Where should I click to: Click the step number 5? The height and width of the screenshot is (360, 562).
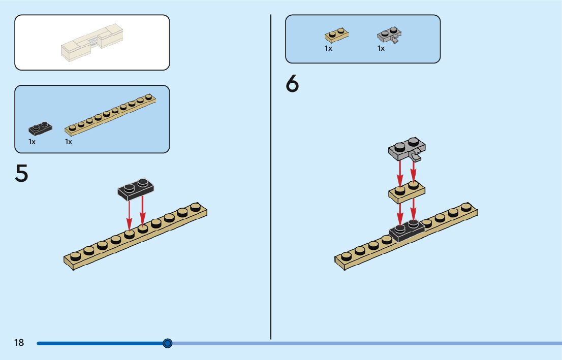21,174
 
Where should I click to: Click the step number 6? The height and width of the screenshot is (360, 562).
292,84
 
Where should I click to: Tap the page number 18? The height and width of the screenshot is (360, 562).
19,343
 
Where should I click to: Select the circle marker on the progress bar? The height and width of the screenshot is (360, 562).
168,343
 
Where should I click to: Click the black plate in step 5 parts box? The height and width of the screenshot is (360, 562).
40,128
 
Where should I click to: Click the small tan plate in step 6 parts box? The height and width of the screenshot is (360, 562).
336,36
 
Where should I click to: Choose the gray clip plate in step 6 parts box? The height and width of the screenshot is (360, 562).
390,36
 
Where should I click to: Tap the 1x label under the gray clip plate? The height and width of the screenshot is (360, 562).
381,49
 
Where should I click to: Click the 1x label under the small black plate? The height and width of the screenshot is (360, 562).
32,142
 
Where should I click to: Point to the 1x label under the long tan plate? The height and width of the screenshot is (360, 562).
69,142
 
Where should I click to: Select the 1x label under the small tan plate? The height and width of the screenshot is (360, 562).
328,49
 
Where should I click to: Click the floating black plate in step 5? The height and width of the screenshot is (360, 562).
136,188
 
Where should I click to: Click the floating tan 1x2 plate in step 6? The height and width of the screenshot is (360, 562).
407,192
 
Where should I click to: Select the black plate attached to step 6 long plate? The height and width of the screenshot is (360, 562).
407,232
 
